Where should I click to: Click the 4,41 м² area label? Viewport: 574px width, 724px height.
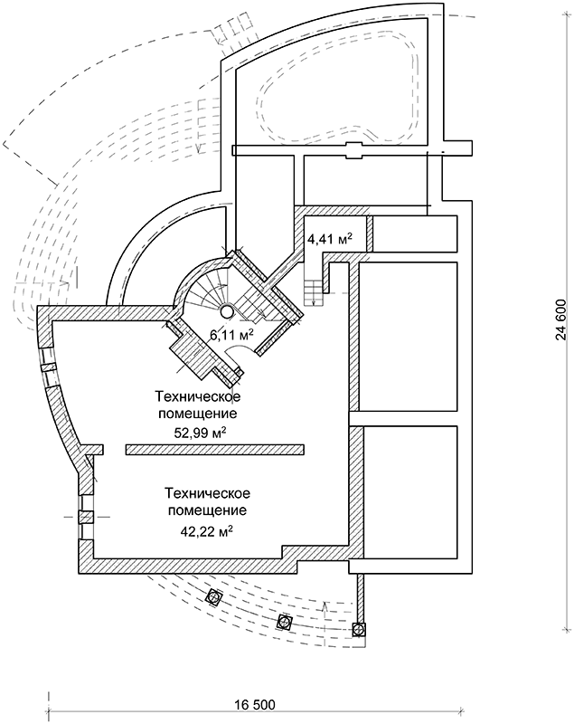(330, 240)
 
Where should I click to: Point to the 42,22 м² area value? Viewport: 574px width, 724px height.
(208, 529)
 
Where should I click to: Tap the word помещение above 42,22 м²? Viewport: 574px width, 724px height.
(208, 510)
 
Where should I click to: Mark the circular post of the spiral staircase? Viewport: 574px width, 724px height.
(227, 311)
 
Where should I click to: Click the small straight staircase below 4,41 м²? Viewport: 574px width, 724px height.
(315, 291)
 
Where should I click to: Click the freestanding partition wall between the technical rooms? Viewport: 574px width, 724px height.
(214, 448)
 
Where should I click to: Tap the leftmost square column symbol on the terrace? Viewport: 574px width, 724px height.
(214, 595)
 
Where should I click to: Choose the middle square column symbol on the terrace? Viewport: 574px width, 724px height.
(285, 621)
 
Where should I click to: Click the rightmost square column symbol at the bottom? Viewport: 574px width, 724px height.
(361, 627)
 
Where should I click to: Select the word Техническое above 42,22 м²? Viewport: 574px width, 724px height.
(208, 493)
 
